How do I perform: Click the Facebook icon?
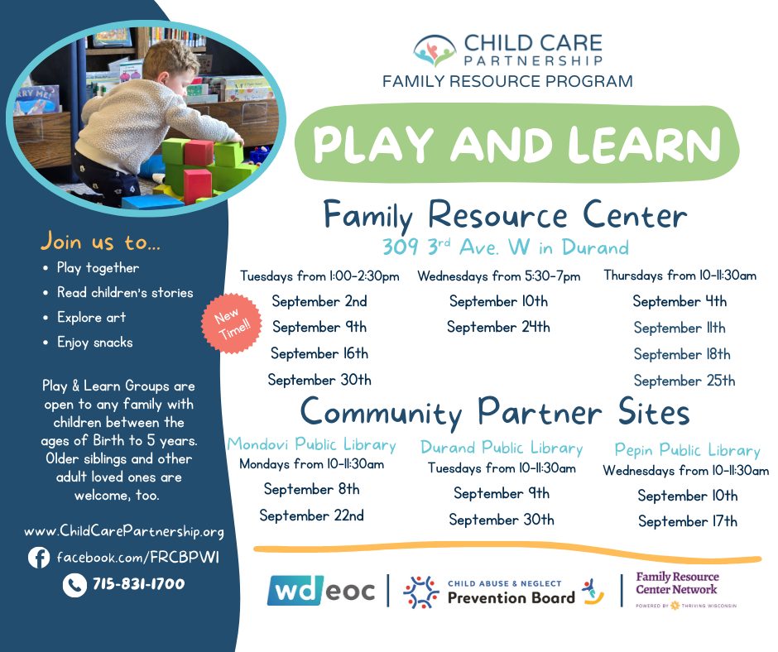(39, 557)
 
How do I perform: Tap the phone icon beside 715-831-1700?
(74, 584)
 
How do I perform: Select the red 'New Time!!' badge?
(231, 323)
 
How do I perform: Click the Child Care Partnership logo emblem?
(435, 50)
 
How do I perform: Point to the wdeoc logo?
(321, 591)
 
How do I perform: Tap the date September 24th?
(498, 327)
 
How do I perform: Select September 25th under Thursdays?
(684, 381)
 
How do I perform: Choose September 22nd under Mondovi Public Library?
(311, 515)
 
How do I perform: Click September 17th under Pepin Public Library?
(688, 521)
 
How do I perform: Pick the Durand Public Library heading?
(502, 448)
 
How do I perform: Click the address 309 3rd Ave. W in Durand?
(506, 247)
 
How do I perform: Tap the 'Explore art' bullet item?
(91, 317)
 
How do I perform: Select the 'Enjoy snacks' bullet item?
(95, 343)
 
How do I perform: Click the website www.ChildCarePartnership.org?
(124, 531)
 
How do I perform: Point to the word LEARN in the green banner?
(644, 144)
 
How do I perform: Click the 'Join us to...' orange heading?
(101, 242)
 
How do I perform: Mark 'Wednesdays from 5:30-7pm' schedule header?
(498, 276)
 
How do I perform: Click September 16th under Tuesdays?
(319, 353)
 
